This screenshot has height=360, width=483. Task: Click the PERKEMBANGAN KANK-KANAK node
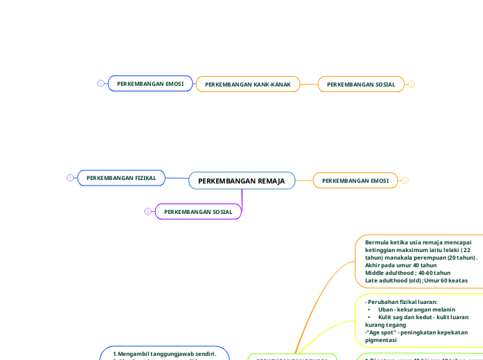point(247,84)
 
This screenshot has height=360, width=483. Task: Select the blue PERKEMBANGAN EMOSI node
point(150,84)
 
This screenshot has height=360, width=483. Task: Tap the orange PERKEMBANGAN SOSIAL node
point(361,84)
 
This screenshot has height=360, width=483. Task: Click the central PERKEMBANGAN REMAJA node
point(241,181)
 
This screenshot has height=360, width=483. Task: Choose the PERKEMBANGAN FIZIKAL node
point(121,178)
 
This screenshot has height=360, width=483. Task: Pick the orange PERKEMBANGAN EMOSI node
point(355,181)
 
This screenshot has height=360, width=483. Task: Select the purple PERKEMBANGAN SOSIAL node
point(198,211)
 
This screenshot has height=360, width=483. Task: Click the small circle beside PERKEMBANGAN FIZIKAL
point(70,178)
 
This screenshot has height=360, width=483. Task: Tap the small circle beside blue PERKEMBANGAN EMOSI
point(100,84)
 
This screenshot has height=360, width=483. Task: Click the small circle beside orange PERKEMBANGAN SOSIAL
point(412,84)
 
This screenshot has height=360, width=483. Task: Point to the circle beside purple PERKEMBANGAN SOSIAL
point(148,211)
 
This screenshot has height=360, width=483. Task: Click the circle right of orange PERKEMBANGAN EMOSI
point(405,181)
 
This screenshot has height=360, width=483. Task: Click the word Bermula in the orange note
point(378,242)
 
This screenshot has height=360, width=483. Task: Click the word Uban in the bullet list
point(386,309)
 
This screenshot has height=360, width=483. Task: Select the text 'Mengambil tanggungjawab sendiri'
point(166,354)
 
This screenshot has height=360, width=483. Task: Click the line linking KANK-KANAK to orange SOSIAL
point(309,84)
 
